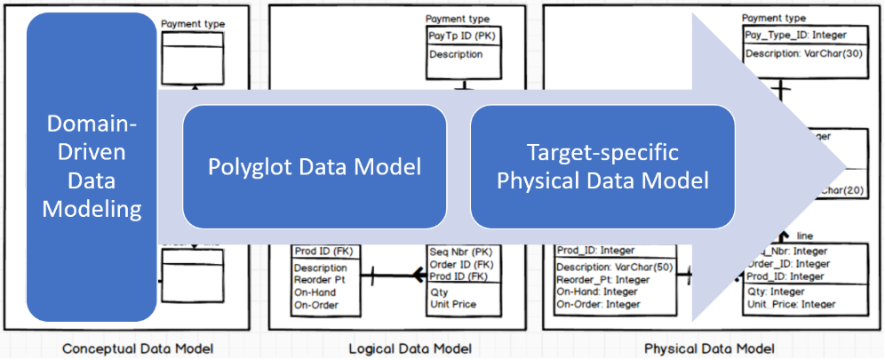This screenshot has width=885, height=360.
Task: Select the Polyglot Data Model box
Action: click(314, 167)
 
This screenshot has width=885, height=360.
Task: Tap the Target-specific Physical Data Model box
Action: click(602, 167)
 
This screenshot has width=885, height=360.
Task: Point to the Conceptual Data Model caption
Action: click(138, 348)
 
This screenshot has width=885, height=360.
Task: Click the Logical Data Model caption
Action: click(410, 348)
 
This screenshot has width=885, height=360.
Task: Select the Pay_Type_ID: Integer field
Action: click(795, 35)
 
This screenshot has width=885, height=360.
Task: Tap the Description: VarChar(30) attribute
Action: click(801, 53)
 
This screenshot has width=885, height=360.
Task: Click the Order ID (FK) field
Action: click(462, 264)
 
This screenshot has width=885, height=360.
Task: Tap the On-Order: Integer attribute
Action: click(598, 304)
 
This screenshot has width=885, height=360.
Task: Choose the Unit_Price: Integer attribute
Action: click(790, 304)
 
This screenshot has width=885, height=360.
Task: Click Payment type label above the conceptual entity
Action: click(193, 24)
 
